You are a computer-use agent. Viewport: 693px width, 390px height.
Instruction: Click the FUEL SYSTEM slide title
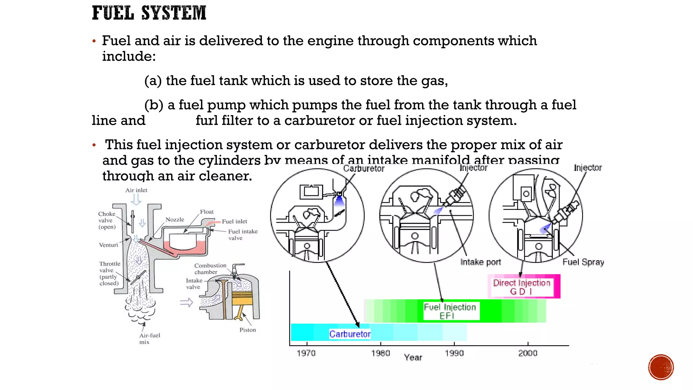click(149, 13)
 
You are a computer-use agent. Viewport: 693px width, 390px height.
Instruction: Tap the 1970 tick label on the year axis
click(306, 353)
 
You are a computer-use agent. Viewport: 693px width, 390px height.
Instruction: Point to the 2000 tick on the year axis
click(528, 353)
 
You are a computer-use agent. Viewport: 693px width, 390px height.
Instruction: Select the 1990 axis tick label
click(454, 353)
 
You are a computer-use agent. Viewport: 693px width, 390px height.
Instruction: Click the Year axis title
click(413, 357)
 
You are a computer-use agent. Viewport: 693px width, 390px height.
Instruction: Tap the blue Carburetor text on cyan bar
click(350, 334)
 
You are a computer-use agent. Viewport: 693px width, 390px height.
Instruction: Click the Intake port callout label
click(480, 262)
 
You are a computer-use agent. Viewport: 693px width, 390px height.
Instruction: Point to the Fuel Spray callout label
click(583, 262)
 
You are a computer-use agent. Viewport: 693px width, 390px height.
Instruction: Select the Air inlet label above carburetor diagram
click(136, 190)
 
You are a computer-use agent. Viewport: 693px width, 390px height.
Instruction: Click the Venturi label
click(108, 245)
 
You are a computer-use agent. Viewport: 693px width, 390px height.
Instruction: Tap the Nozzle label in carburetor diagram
click(175, 220)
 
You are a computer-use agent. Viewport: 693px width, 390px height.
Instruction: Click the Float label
click(207, 212)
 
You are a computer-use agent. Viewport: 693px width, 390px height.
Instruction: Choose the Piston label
click(247, 330)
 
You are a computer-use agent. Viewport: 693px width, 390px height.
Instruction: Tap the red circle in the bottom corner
click(661, 367)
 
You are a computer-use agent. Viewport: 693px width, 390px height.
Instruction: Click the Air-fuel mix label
click(149, 339)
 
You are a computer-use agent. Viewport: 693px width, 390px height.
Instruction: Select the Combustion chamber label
click(210, 269)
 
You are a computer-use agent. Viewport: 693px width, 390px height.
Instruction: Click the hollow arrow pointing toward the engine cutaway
click(186, 302)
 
